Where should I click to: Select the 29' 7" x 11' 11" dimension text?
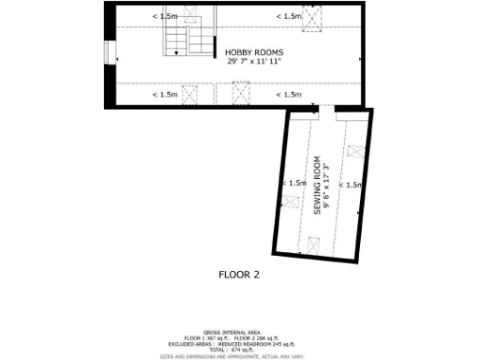(x=254, y=61)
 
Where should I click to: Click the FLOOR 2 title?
(x=238, y=275)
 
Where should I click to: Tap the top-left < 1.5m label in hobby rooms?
(x=165, y=16)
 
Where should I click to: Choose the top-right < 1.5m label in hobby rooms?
(x=289, y=16)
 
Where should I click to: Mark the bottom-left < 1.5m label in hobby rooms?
(x=165, y=94)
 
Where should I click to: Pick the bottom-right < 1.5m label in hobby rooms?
(x=289, y=94)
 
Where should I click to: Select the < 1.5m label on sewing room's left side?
(x=293, y=183)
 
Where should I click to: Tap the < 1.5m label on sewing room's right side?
(x=352, y=185)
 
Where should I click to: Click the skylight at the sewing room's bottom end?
(x=312, y=244)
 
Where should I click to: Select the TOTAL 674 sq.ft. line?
(x=238, y=349)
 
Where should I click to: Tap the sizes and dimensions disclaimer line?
(x=238, y=356)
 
